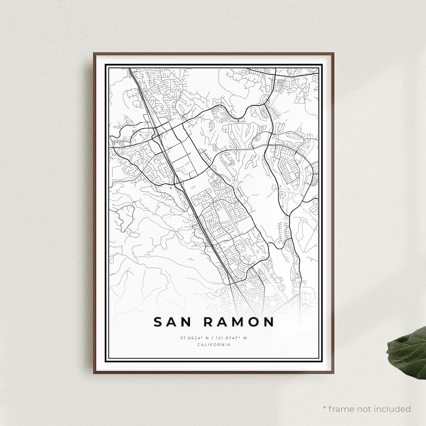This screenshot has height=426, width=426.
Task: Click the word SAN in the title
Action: click(x=172, y=322)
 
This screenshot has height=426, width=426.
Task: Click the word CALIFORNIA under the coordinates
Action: click(x=214, y=344)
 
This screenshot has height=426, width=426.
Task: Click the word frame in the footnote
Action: click(x=340, y=409)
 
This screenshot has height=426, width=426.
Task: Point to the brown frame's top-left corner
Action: click(x=94, y=54)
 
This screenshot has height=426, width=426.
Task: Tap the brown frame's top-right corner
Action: click(x=333, y=54)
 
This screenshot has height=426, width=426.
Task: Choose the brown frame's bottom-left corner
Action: click(x=94, y=372)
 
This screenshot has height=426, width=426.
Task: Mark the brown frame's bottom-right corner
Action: click(x=333, y=372)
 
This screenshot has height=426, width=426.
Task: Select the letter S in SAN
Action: click(x=158, y=322)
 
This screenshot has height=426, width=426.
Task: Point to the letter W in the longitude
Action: click(x=245, y=337)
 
